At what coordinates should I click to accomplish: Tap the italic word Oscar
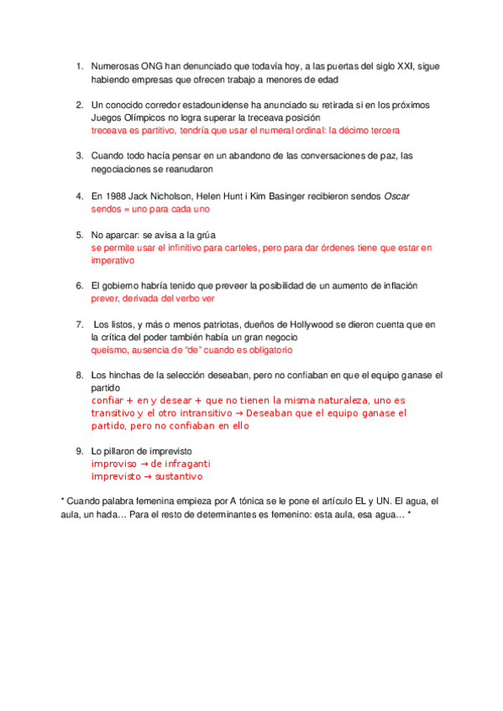click(396, 195)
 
